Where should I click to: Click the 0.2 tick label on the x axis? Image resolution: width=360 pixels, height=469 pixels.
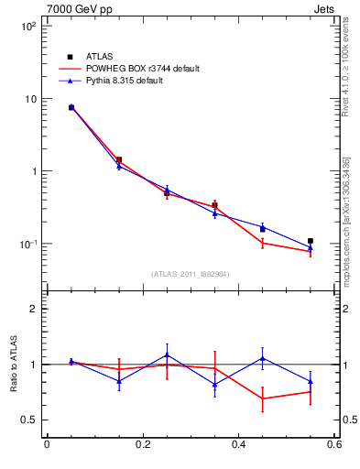[x=143, y=445]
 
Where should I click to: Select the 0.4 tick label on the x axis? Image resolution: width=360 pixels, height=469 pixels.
[x=239, y=445]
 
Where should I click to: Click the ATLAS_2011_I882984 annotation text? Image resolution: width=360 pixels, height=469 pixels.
[x=191, y=274]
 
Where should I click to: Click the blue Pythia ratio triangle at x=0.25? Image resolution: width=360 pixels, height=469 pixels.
[x=167, y=354]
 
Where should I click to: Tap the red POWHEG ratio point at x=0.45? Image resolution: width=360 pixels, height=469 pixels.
[x=263, y=398]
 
